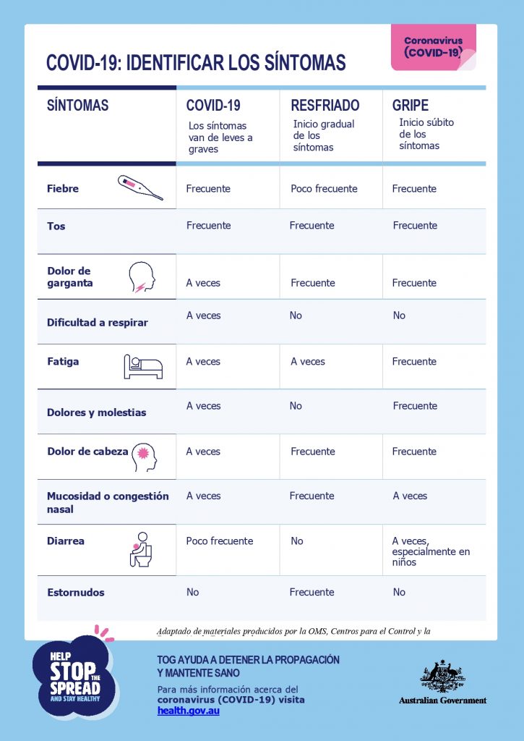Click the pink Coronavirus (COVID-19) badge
pyautogui.click(x=433, y=47)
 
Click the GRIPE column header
pyautogui.click(x=410, y=105)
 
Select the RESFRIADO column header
pyautogui.click(x=325, y=105)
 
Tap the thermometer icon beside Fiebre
pyautogui.click(x=140, y=187)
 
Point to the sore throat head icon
pyautogui.click(x=142, y=276)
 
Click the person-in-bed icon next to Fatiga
pyautogui.click(x=142, y=367)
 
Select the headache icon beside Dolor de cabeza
pyautogui.click(x=143, y=455)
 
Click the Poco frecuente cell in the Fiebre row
pyautogui.click(x=324, y=189)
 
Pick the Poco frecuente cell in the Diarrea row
pyautogui.click(x=220, y=541)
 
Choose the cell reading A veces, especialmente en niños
pyautogui.click(x=431, y=551)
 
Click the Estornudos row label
pyautogui.click(x=76, y=593)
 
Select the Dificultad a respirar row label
pyautogui.click(x=97, y=323)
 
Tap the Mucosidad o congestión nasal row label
pyautogui.click(x=108, y=502)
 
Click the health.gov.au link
pyautogui.click(x=188, y=711)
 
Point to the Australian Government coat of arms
pyautogui.click(x=442, y=676)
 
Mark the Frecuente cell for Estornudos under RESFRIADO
pyautogui.click(x=312, y=592)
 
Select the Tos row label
pyautogui.click(x=56, y=226)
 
